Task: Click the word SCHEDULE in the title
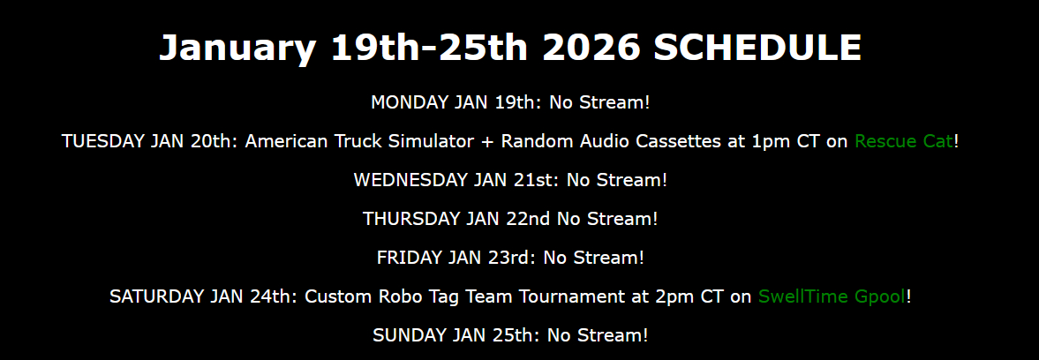point(757,47)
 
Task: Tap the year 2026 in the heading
point(591,47)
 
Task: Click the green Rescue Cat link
point(904,141)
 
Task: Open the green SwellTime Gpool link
point(832,296)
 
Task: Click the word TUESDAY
point(103,141)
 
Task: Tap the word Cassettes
point(668,141)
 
